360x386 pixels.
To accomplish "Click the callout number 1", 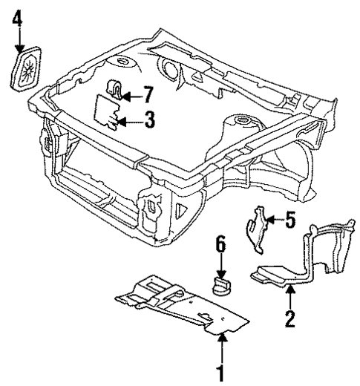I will tap(220, 368).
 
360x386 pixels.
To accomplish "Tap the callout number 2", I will tap(290, 319).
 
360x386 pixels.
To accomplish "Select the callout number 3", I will tap(149, 120).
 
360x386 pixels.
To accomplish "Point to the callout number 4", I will tap(18, 16).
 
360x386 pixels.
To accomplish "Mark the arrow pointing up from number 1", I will tap(220, 345).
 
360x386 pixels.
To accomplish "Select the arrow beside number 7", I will tap(131, 95).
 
